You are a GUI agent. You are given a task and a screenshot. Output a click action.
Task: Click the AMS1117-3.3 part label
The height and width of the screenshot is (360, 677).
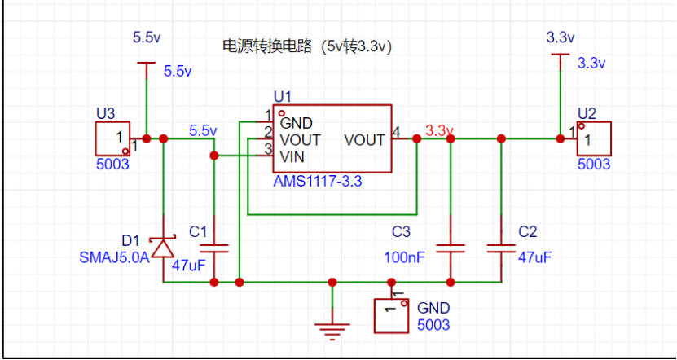click(318, 182)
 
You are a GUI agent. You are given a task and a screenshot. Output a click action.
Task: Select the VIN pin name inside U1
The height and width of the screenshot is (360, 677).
click(292, 156)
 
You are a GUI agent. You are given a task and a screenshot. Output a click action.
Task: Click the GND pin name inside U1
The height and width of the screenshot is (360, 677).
click(296, 124)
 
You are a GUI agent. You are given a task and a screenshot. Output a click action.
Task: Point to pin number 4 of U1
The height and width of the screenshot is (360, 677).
click(397, 131)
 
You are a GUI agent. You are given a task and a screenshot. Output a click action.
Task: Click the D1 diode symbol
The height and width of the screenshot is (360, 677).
click(164, 246)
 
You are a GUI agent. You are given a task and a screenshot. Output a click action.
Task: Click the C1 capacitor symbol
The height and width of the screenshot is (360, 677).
click(214, 246)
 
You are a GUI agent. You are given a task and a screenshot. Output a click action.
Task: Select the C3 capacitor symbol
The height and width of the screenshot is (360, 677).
click(450, 246)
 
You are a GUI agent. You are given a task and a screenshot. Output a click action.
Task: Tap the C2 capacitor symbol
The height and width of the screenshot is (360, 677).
click(501, 246)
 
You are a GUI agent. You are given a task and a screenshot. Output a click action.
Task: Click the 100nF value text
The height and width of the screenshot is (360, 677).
click(404, 257)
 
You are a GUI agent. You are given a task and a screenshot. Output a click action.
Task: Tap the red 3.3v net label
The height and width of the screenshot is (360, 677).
click(439, 130)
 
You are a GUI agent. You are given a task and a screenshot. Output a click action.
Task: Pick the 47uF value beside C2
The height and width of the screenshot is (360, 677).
click(535, 257)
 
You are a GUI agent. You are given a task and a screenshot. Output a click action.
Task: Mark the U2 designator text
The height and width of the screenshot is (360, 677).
click(587, 112)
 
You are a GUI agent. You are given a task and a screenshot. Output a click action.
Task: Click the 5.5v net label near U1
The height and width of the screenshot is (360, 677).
click(203, 130)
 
